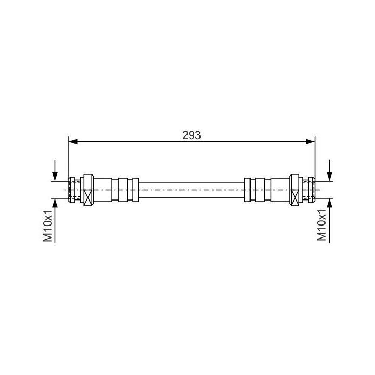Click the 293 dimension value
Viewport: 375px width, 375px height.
(191, 135)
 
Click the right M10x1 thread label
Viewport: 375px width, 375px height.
(321, 225)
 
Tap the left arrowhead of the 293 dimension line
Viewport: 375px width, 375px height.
(73, 142)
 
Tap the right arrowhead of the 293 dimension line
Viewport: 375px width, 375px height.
(310, 142)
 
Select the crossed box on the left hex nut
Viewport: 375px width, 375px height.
(88, 197)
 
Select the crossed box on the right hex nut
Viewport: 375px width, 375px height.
(295, 197)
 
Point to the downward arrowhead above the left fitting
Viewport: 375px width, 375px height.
(55, 177)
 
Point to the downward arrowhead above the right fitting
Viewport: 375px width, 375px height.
(330, 177)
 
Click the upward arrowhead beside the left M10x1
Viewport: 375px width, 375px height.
(55, 203)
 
